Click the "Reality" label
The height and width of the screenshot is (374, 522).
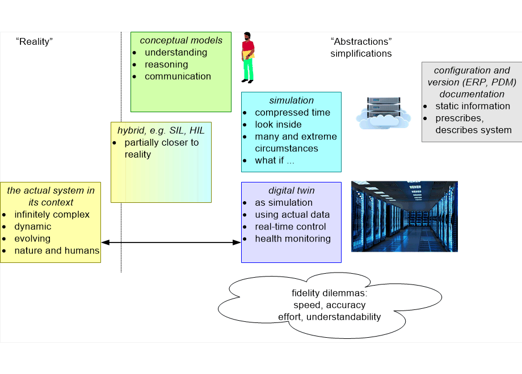pos(34,41)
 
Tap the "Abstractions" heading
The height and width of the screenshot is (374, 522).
pos(361,41)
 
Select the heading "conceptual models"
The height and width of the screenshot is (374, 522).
pos(181,40)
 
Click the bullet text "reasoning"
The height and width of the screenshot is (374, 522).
pos(166,65)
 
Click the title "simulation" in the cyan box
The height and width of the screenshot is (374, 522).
pos(291,100)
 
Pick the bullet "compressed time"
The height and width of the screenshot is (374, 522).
pos(292,112)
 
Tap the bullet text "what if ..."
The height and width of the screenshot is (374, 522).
pos(275,160)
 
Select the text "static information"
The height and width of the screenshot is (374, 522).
pos(473,106)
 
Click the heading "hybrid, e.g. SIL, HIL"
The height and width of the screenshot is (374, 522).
pos(161,131)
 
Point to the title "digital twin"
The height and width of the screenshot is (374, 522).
pos(291,190)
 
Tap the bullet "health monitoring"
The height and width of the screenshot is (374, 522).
pos(293,239)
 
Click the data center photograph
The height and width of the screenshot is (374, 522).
pos(404,216)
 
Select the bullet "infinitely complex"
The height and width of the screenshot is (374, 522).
pos(52,215)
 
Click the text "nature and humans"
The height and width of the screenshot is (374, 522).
pos(57,250)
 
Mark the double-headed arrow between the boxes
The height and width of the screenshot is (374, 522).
pos(171,243)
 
